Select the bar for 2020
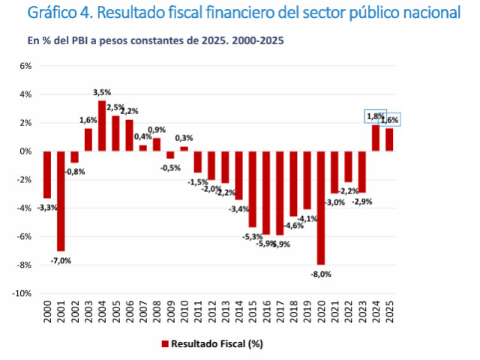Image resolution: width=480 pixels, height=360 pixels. pyautogui.click(x=321, y=208)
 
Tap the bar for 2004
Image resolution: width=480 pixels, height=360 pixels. pyautogui.click(x=102, y=126)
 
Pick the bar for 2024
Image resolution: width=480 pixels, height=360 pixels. pyautogui.click(x=376, y=138)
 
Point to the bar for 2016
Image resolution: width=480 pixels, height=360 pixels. pyautogui.click(x=266, y=193)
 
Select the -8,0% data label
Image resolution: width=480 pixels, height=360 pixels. pyautogui.click(x=321, y=274)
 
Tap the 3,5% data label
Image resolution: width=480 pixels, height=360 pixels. pyautogui.click(x=102, y=92)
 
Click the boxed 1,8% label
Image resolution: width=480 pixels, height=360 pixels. pyautogui.click(x=374, y=116)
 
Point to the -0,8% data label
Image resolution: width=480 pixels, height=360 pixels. pyautogui.click(x=74, y=172)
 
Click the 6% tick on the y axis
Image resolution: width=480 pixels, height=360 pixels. pyautogui.click(x=25, y=66)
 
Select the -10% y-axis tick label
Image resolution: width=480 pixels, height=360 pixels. pyautogui.click(x=22, y=293)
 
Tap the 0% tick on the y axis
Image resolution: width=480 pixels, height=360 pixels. pyautogui.click(x=25, y=151)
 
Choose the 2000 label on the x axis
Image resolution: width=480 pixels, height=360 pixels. pyautogui.click(x=47, y=313)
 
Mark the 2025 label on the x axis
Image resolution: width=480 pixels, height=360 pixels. pyautogui.click(x=389, y=313)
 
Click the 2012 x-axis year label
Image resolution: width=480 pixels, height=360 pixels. pyautogui.click(x=211, y=313)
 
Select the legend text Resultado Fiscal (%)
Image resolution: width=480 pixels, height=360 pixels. pyautogui.click(x=217, y=344)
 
